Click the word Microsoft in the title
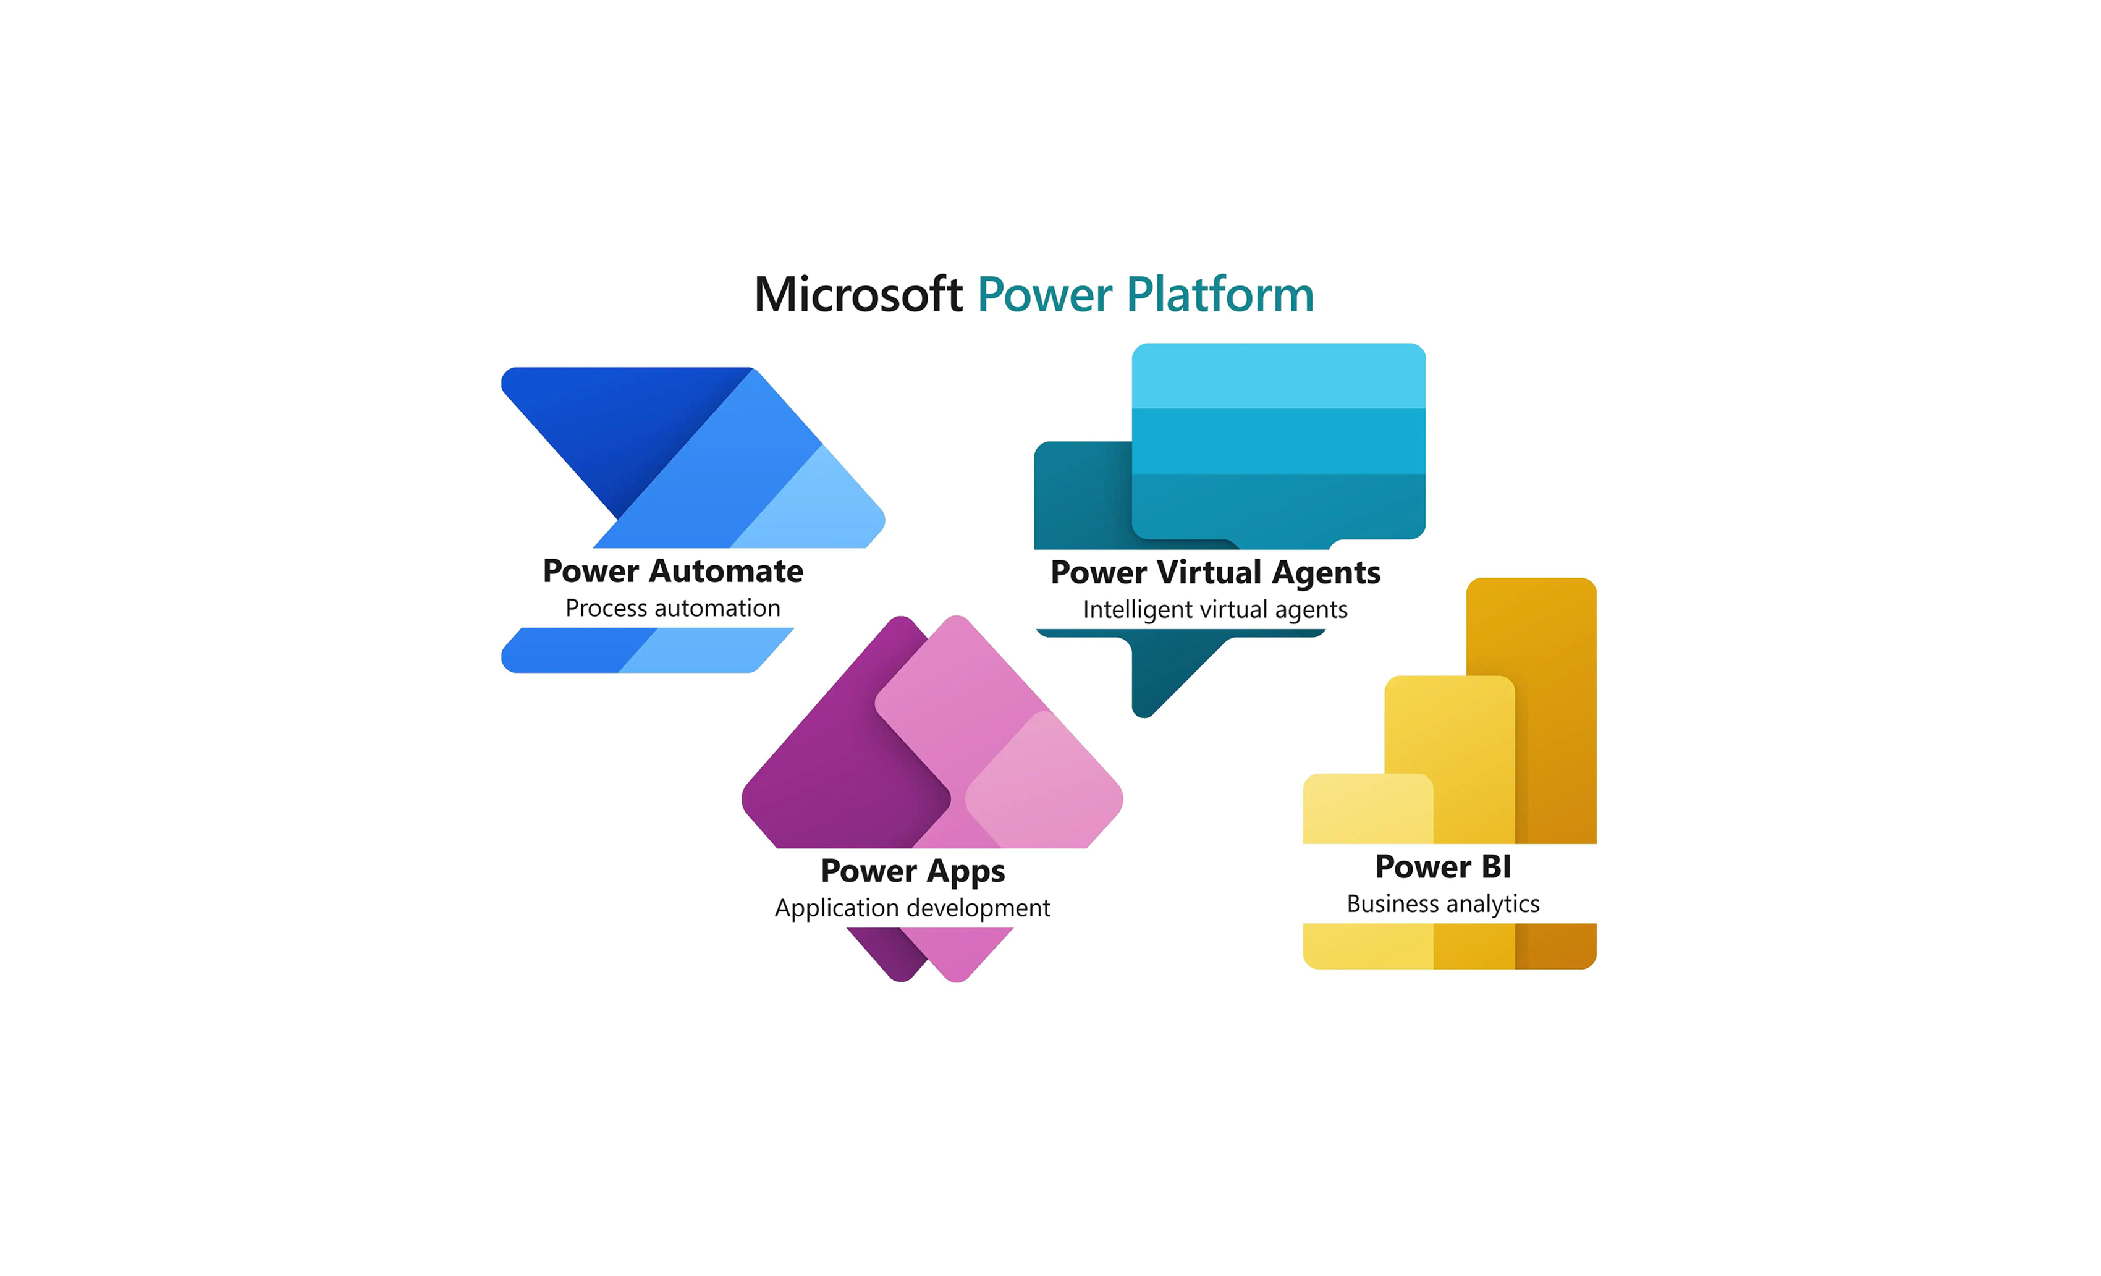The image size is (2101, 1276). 859,294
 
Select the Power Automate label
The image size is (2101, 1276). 673,571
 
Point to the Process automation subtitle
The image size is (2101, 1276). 673,608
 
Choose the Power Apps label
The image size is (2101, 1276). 912,872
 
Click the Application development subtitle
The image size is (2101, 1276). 912,908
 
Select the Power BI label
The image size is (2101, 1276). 1443,867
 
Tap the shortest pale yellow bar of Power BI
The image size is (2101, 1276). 1367,809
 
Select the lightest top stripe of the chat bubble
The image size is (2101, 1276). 1278,376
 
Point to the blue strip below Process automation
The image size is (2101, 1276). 648,651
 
